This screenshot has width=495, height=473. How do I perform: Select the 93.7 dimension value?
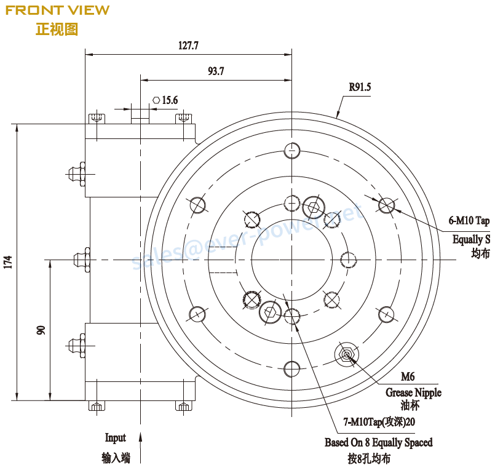pyautogui.click(x=216, y=71)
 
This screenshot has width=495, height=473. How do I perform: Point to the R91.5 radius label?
pyautogui.click(x=360, y=87)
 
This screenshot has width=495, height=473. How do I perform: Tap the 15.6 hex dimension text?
pyautogui.click(x=170, y=100)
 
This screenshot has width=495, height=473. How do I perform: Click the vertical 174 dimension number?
pyautogui.click(x=8, y=263)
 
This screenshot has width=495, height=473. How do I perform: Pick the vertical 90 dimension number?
pyautogui.click(x=41, y=330)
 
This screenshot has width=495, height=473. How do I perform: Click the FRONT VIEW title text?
pyautogui.click(x=57, y=10)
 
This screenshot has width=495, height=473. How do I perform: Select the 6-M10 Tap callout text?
pyautogui.click(x=469, y=221)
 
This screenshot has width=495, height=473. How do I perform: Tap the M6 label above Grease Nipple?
pyautogui.click(x=407, y=376)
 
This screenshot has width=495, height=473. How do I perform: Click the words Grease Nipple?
pyautogui.click(x=413, y=392)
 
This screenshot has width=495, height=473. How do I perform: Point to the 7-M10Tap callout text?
pyautogui.click(x=379, y=423)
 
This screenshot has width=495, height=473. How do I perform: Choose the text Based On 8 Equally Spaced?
pyautogui.click(x=378, y=442)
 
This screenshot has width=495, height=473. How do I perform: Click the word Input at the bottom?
pyautogui.click(x=115, y=438)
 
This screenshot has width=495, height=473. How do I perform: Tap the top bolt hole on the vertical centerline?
pyautogui.click(x=291, y=150)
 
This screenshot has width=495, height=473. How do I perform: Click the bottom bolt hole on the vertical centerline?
pyautogui.click(x=291, y=369)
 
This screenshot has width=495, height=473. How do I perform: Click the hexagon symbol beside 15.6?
pyautogui.click(x=156, y=100)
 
